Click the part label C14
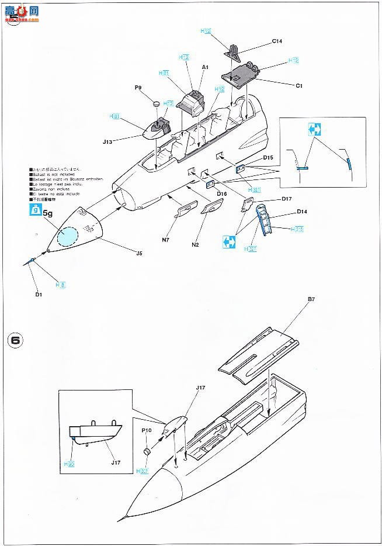277,42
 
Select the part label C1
298,86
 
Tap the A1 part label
205,68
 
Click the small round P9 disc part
156,103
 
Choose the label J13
123,140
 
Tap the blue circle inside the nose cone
68,236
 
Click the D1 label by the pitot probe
39,295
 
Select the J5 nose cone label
138,253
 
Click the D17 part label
286,199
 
